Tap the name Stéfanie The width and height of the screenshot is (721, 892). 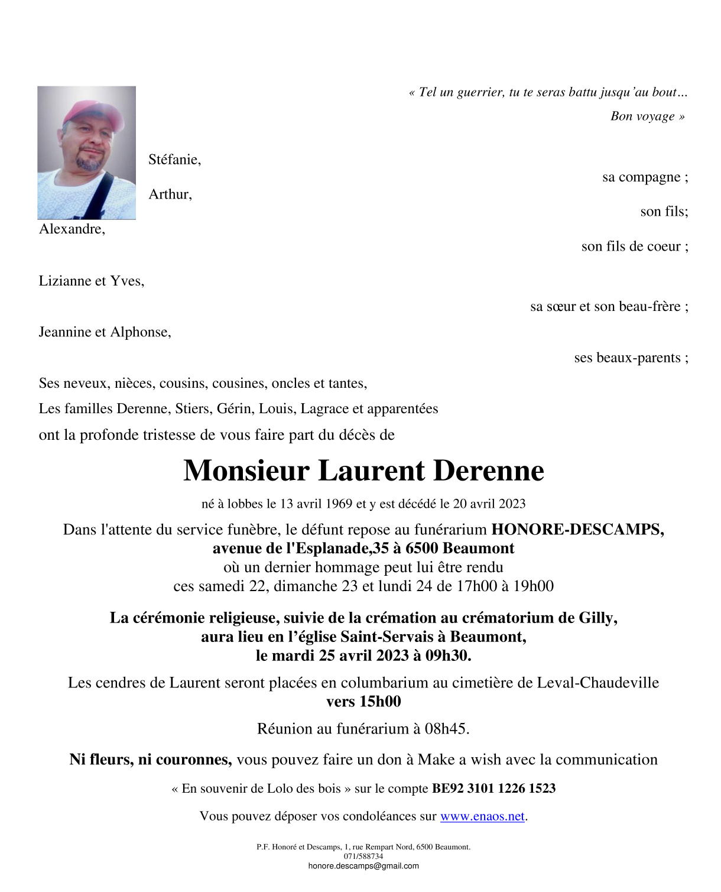pyautogui.click(x=174, y=160)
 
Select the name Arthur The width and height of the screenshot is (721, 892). pyautogui.click(x=170, y=194)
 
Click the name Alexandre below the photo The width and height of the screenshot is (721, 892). pyautogui.click(x=72, y=229)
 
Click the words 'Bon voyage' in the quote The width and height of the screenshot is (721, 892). pyautogui.click(x=642, y=116)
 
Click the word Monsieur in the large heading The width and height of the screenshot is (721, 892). pyautogui.click(x=246, y=471)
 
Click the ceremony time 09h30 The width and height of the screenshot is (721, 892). pyautogui.click(x=447, y=656)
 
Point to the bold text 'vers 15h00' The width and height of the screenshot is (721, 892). pyautogui.click(x=363, y=702)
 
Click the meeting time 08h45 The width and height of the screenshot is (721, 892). pyautogui.click(x=445, y=729)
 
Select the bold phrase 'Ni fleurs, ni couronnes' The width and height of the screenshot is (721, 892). pyautogui.click(x=150, y=760)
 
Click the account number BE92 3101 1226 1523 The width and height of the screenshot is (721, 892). pyautogui.click(x=493, y=789)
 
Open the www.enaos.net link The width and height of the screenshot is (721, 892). pyautogui.click(x=482, y=817)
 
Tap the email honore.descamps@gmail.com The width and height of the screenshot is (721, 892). pyautogui.click(x=363, y=867)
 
